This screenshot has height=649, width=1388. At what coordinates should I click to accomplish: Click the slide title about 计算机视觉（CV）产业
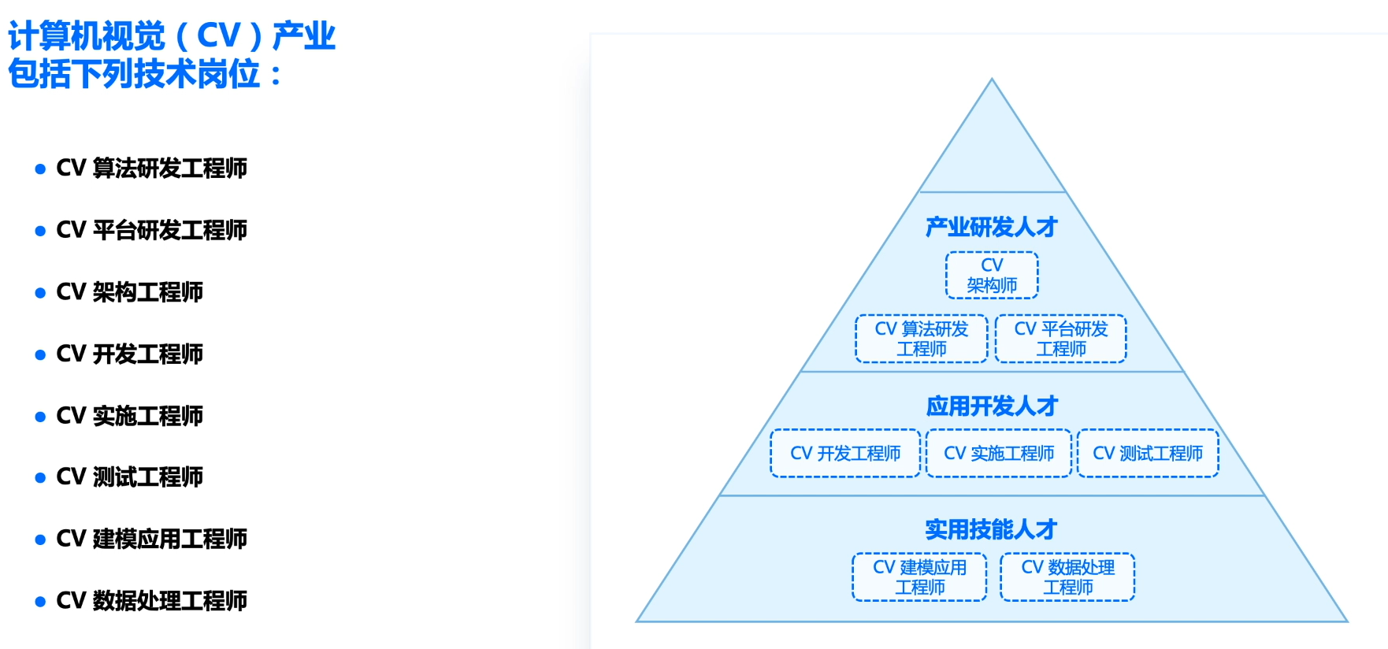click(172, 55)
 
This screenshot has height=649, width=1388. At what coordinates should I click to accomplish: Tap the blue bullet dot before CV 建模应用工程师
click(40, 540)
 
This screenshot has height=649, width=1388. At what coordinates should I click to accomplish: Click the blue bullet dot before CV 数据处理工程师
click(40, 603)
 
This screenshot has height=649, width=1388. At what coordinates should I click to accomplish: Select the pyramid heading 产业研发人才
click(992, 228)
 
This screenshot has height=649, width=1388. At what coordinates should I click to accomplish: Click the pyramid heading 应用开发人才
click(992, 406)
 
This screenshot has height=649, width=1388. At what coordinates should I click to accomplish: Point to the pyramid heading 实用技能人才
click(991, 529)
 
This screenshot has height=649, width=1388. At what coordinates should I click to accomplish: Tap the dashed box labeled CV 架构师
click(992, 276)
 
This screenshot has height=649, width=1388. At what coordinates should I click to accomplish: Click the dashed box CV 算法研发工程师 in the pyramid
click(922, 339)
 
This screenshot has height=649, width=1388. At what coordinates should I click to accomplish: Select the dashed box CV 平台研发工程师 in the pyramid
click(1061, 339)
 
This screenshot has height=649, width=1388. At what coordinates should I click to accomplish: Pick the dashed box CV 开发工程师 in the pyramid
click(845, 454)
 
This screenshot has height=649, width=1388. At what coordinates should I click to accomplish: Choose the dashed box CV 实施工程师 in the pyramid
click(999, 454)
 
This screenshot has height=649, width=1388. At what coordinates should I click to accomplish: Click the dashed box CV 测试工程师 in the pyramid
click(1148, 454)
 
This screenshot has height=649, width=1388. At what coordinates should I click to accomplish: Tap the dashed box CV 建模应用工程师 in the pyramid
click(919, 577)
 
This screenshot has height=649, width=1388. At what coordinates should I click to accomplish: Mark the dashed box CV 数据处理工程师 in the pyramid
click(1067, 577)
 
